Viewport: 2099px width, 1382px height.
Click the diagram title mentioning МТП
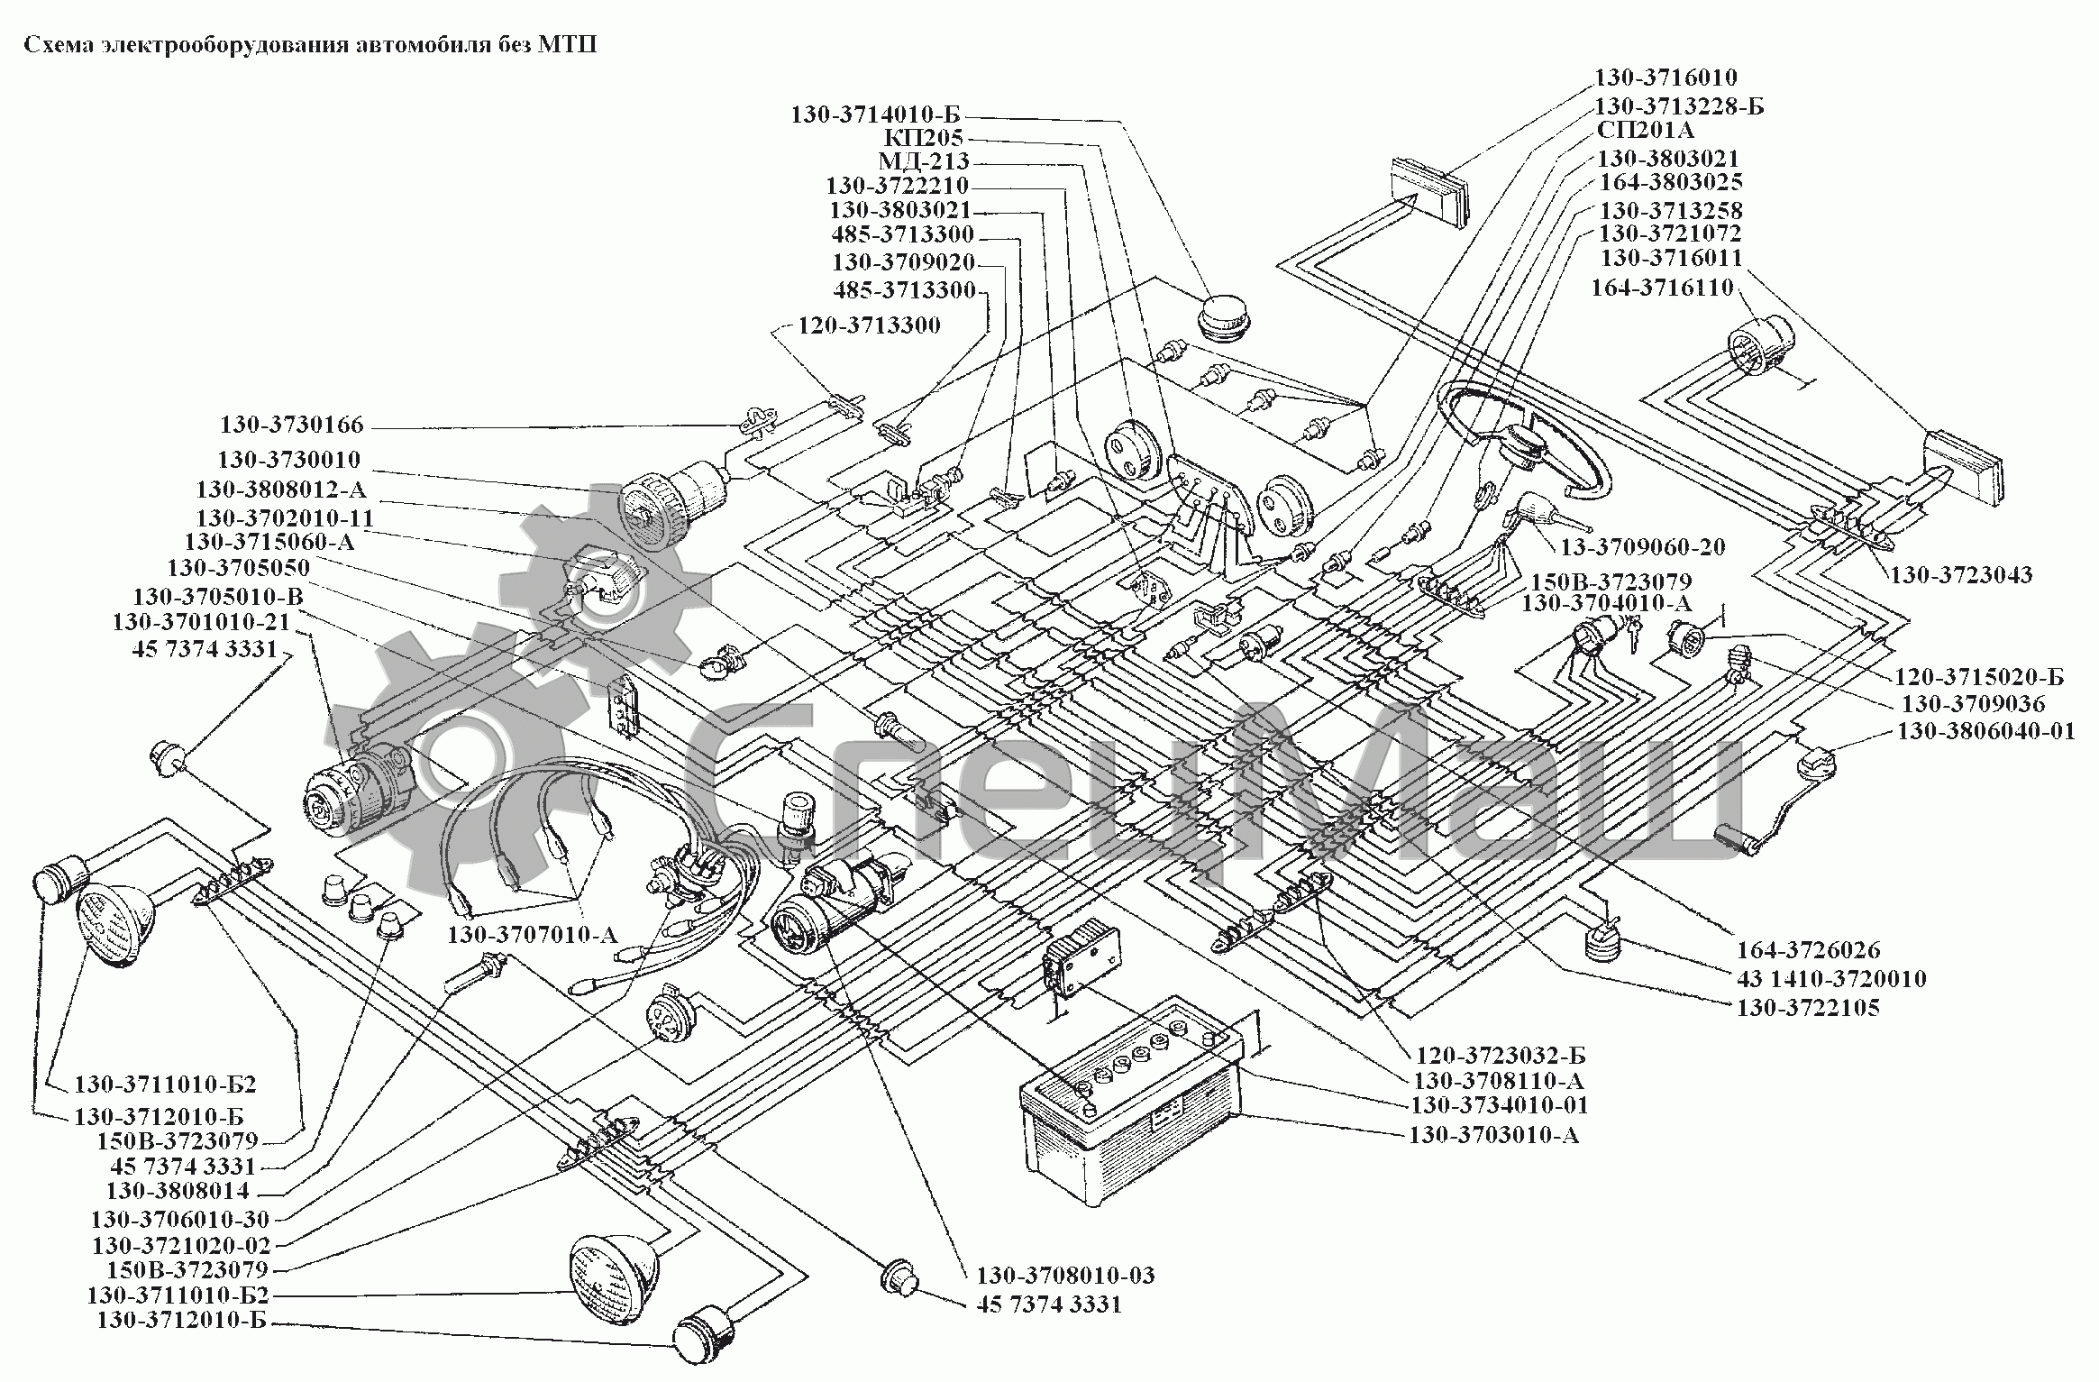pos(310,45)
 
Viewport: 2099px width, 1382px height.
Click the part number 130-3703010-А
pos(1493,1134)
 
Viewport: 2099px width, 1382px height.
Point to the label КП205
pos(924,138)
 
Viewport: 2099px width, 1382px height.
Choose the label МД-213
pos(924,162)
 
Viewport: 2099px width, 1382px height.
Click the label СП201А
pos(1646,131)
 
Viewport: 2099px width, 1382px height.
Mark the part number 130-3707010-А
pos(533,935)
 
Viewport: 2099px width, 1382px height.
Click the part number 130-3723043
pos(1961,574)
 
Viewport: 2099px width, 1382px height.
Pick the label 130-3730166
pos(291,425)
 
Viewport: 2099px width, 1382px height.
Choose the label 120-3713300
pos(869,325)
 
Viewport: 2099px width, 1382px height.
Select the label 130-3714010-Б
pos(876,114)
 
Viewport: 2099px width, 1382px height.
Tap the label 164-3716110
pos(1663,288)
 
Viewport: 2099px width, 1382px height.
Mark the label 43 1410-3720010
pos(1831,979)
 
